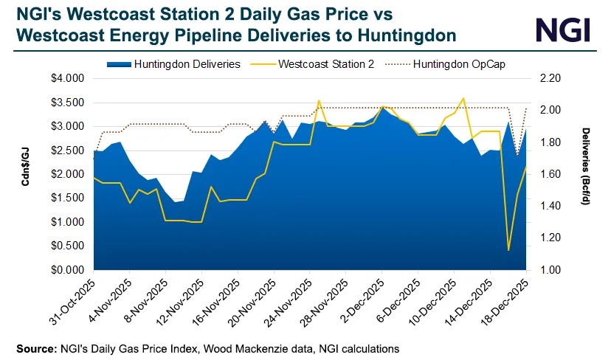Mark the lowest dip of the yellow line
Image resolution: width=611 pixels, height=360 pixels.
508,250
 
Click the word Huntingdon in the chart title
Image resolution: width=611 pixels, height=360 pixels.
391,35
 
